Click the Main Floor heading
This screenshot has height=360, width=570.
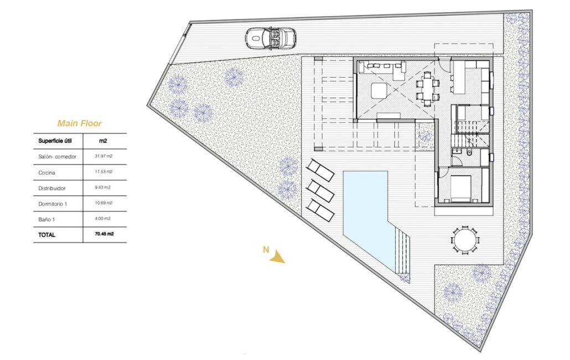click(x=80, y=124)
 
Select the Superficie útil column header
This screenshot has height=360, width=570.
click(x=55, y=141)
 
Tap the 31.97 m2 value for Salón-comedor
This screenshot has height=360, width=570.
click(x=103, y=156)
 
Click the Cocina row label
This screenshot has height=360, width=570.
click(x=46, y=173)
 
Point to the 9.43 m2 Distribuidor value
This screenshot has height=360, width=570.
click(x=102, y=187)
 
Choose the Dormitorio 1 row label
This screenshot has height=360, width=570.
click(x=53, y=204)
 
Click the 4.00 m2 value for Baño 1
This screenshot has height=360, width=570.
click(x=102, y=219)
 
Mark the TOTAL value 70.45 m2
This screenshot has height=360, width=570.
click(x=105, y=234)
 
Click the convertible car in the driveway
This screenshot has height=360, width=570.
click(x=271, y=38)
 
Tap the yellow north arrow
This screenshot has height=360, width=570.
click(x=278, y=257)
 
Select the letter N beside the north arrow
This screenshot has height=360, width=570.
click(x=266, y=250)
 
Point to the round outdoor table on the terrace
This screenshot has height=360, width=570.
click(x=465, y=240)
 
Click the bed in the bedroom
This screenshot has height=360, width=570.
click(x=461, y=188)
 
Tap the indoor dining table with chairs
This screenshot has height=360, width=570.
click(x=427, y=89)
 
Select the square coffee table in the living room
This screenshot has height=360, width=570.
click(x=380, y=91)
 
